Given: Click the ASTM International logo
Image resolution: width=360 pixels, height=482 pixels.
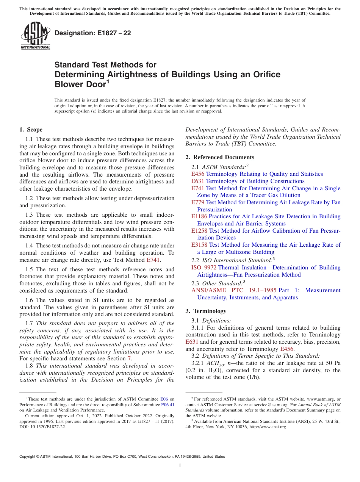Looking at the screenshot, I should (35, 36).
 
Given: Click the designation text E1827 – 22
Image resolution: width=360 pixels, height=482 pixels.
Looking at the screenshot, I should (93, 33).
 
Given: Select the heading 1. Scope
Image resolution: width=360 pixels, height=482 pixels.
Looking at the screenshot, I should (31, 130).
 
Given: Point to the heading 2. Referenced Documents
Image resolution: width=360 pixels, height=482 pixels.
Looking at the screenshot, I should (220, 157).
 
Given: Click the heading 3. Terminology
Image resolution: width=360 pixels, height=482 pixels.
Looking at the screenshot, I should (206, 311).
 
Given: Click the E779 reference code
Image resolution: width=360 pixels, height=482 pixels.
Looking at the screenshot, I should (198, 202).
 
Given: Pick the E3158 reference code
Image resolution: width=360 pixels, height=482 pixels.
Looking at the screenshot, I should (199, 245).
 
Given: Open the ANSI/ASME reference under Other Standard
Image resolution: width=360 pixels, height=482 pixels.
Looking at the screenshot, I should (218, 290).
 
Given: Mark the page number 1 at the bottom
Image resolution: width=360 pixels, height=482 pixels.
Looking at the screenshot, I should (180, 466).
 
